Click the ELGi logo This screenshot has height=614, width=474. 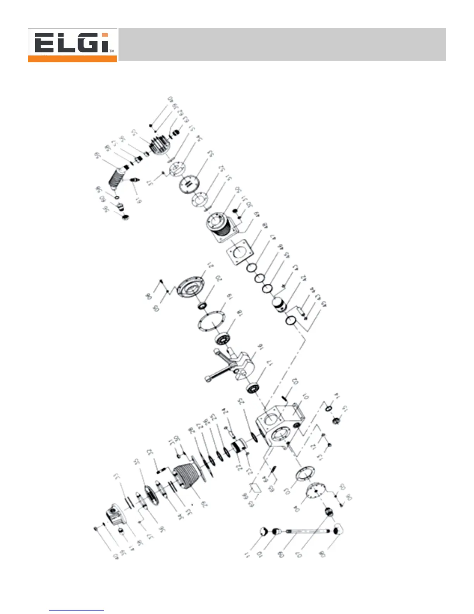click(x=72, y=45)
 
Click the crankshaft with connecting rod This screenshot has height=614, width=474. click(x=228, y=365)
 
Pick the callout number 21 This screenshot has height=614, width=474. click(x=210, y=266)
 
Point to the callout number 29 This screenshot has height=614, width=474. click(x=204, y=504)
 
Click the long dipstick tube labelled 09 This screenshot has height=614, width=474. click(x=306, y=531)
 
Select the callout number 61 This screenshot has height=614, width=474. click(x=138, y=200)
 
